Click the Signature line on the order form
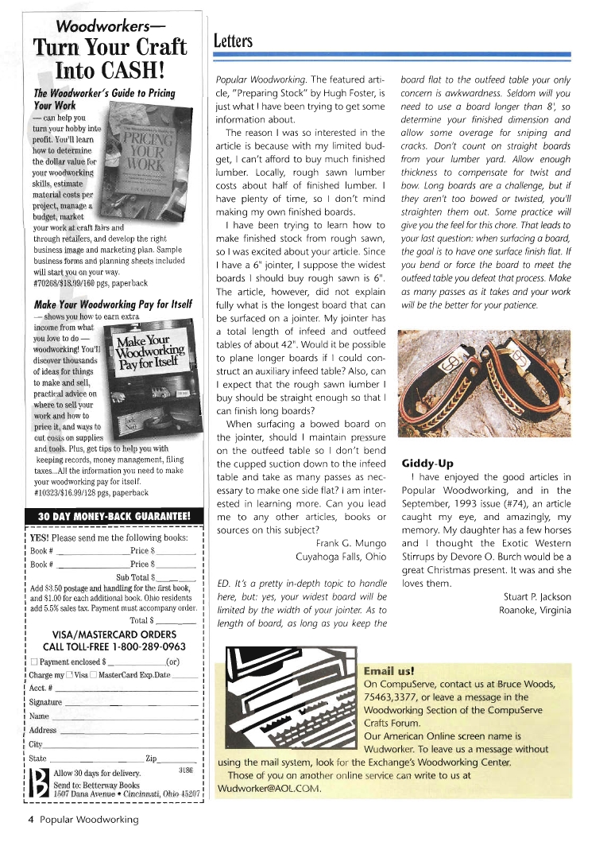coord(131,703)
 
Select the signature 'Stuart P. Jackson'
coord(537,596)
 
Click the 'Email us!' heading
coord(389,670)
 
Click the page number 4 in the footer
coord(30,819)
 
